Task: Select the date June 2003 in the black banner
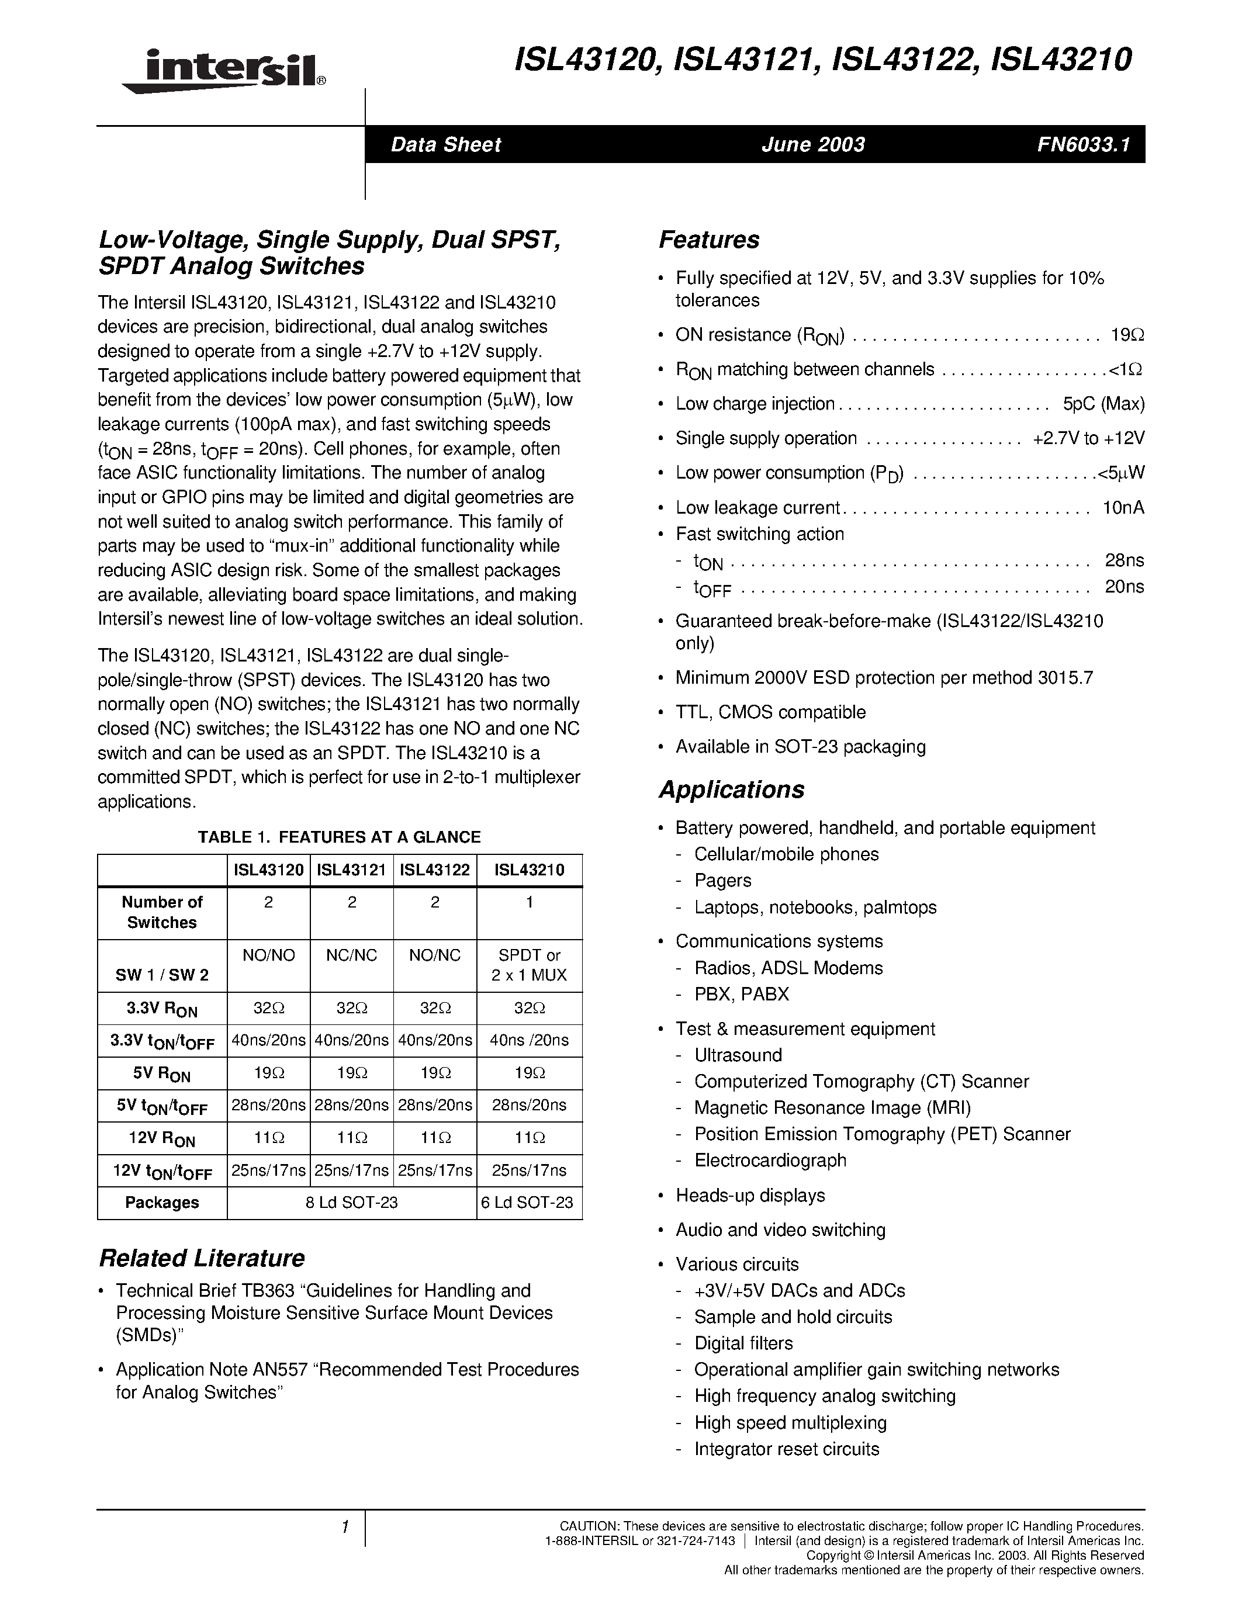[813, 145]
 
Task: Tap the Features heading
[708, 240]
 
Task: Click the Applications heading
[731, 789]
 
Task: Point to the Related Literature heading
[202, 1258]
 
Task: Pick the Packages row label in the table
[162, 1202]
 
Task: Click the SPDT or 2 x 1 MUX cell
[529, 965]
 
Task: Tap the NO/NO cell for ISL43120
[268, 955]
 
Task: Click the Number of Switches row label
[162, 912]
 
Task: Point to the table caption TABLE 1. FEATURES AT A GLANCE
[339, 837]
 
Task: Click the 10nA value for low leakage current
[1123, 508]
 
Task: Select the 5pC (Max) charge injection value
[1103, 404]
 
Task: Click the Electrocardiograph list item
[770, 1161]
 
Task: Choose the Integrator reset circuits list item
[787, 1449]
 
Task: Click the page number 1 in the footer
[344, 1528]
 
